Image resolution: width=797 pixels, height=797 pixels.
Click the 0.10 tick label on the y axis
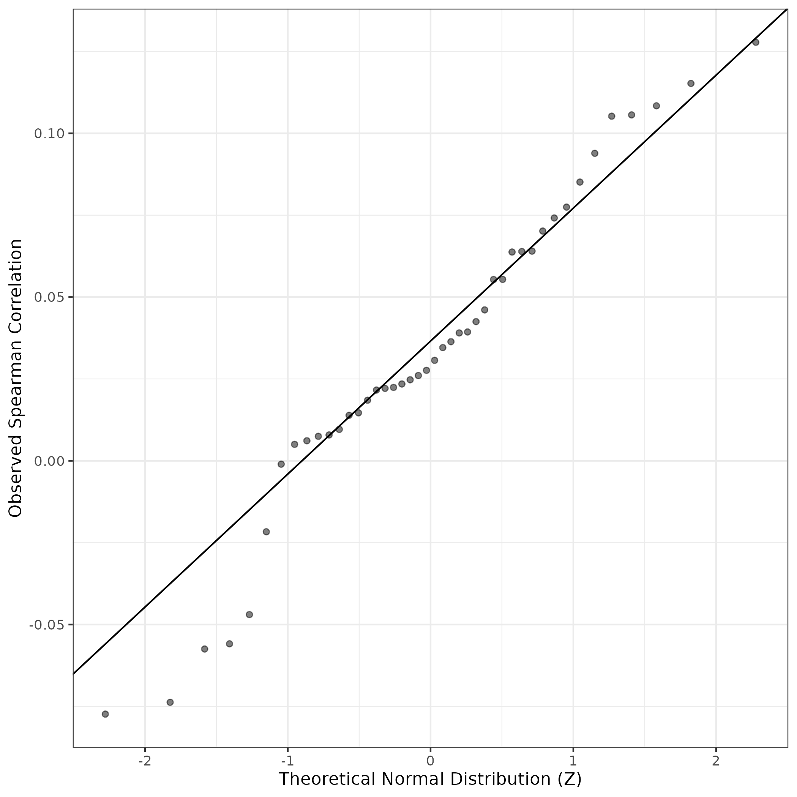tap(47, 134)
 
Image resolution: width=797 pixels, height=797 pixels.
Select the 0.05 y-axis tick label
tap(47, 297)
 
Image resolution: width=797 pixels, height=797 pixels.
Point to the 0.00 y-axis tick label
tap(47, 461)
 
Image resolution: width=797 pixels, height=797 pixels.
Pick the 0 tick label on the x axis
tap(430, 761)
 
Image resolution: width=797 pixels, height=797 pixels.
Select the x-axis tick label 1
tap(573, 761)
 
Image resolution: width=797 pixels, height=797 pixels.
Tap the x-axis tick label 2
tap(716, 761)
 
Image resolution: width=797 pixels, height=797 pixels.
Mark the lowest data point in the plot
tap(105, 714)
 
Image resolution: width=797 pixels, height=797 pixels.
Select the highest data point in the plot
tap(756, 42)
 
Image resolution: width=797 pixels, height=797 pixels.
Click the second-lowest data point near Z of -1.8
tap(170, 702)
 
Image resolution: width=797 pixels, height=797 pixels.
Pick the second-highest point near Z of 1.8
tap(691, 83)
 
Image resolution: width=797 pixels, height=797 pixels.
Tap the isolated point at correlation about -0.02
tap(266, 532)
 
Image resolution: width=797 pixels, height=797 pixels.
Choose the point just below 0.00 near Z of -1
tap(281, 464)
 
